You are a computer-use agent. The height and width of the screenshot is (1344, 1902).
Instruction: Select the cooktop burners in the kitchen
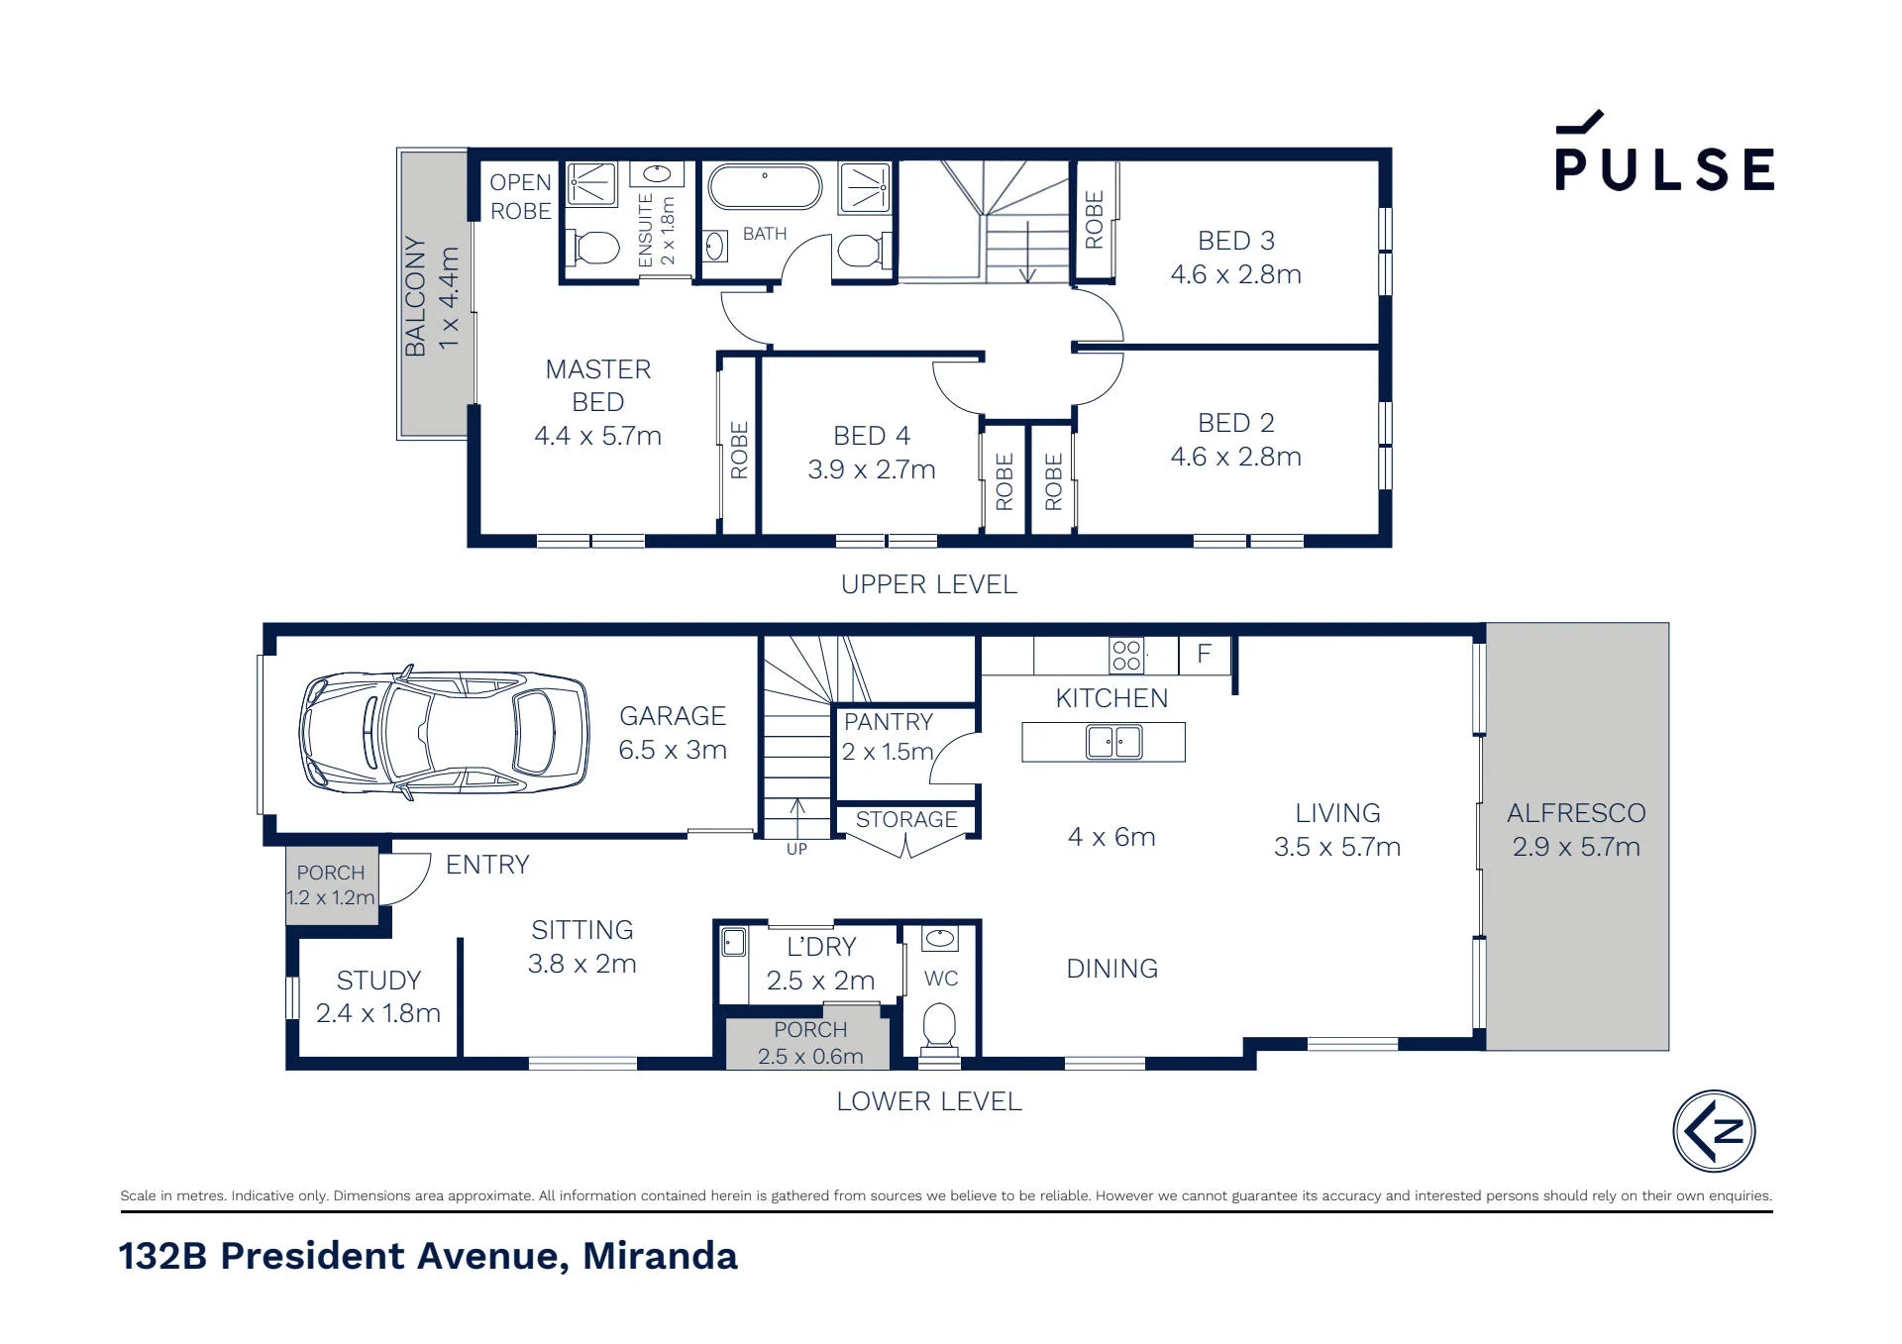[1126, 655]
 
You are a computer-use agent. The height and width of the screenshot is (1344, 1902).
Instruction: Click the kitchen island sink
[1114, 741]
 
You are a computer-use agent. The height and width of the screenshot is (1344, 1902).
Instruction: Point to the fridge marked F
[1204, 654]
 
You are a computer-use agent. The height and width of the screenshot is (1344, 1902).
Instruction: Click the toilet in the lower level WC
[938, 1026]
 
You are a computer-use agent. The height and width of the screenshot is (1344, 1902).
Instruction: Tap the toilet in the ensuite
[594, 247]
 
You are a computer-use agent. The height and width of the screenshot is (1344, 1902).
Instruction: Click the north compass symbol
[1714, 1131]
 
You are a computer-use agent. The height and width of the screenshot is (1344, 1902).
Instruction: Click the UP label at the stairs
[796, 849]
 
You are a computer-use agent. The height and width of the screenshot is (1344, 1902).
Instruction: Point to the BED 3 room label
[1236, 241]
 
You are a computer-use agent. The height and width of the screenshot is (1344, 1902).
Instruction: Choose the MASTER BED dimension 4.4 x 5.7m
[597, 436]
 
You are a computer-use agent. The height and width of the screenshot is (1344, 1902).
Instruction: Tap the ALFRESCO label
[1576, 813]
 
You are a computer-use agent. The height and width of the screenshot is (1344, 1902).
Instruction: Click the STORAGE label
[906, 820]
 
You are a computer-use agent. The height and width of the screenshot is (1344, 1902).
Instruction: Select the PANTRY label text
[889, 722]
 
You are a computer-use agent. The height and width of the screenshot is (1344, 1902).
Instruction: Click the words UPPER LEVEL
[929, 584]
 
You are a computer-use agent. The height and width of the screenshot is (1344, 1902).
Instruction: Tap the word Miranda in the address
[660, 1256]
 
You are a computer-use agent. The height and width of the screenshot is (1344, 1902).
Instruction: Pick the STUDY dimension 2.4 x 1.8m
[378, 1013]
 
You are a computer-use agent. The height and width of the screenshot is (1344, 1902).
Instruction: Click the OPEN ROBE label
[521, 196]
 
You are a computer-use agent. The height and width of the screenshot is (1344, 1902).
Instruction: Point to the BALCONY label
[415, 296]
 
